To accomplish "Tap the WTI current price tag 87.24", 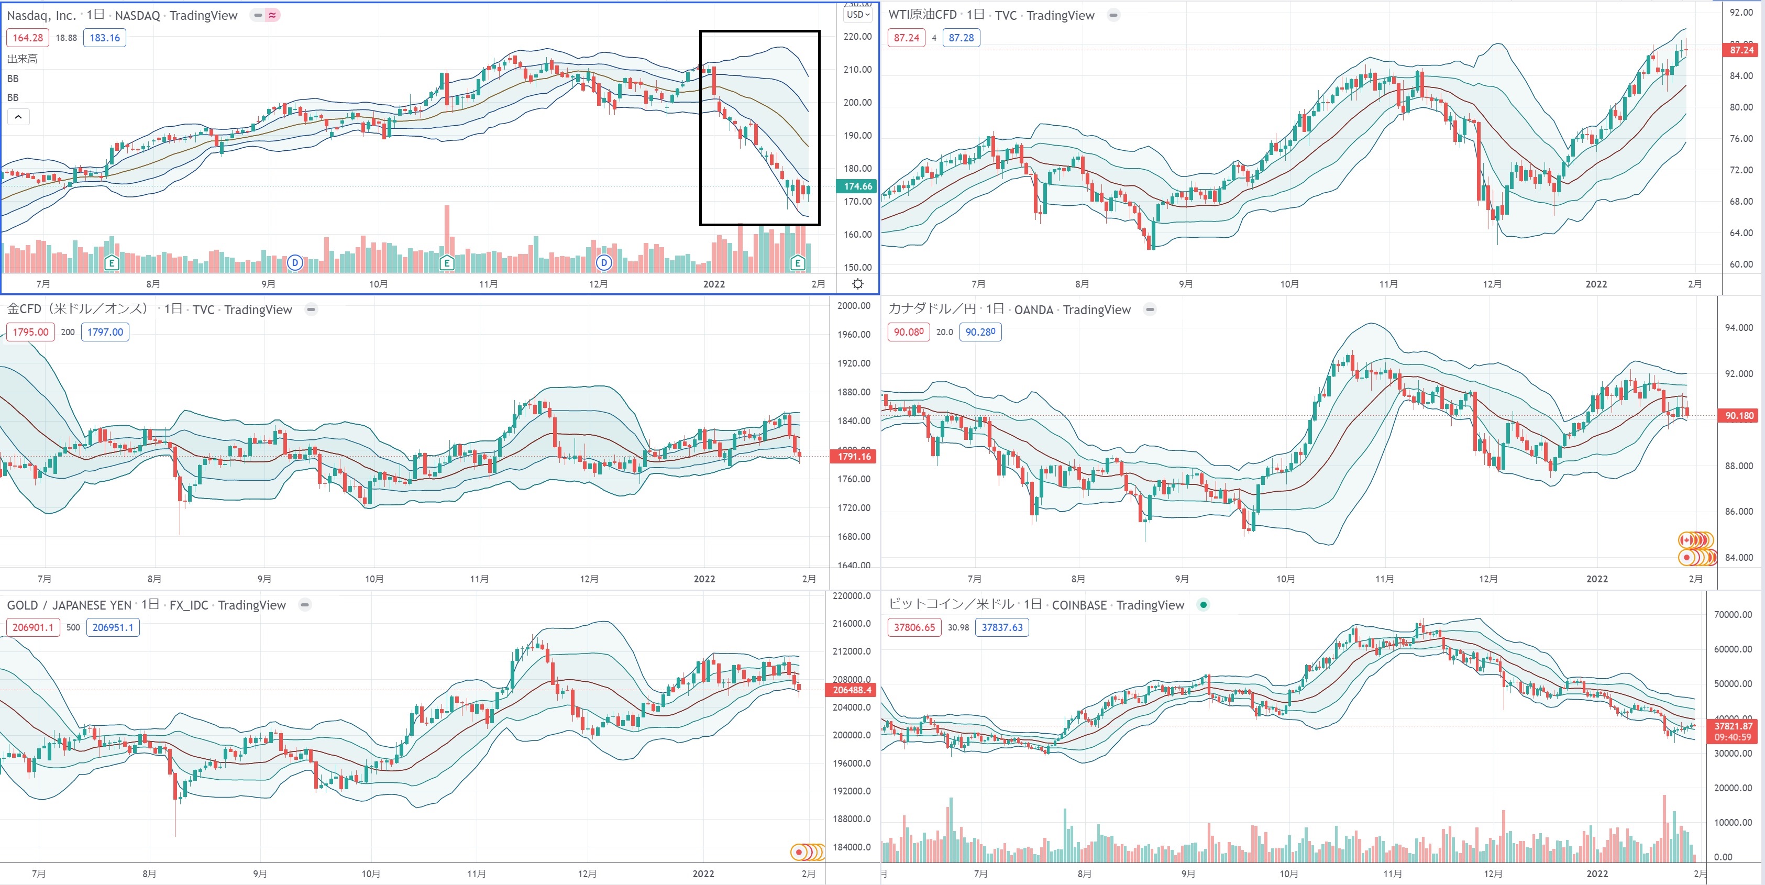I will pos(1740,50).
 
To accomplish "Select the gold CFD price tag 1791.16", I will pos(853,456).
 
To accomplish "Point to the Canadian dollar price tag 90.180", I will pos(1739,415).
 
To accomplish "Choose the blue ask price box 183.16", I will pos(104,38).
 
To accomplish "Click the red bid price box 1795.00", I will pos(31,332).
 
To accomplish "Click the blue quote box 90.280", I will pos(980,332).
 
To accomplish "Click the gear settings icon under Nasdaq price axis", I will pos(857,284).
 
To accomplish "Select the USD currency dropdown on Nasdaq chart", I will pos(858,14).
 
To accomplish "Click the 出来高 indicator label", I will pos(23,59).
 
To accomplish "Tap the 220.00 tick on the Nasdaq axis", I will pos(857,36).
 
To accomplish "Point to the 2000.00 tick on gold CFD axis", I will pos(853,305).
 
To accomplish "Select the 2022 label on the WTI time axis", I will pos(1596,284).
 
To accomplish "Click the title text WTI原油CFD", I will pos(922,15).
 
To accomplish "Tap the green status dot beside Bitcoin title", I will pos(1203,604).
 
